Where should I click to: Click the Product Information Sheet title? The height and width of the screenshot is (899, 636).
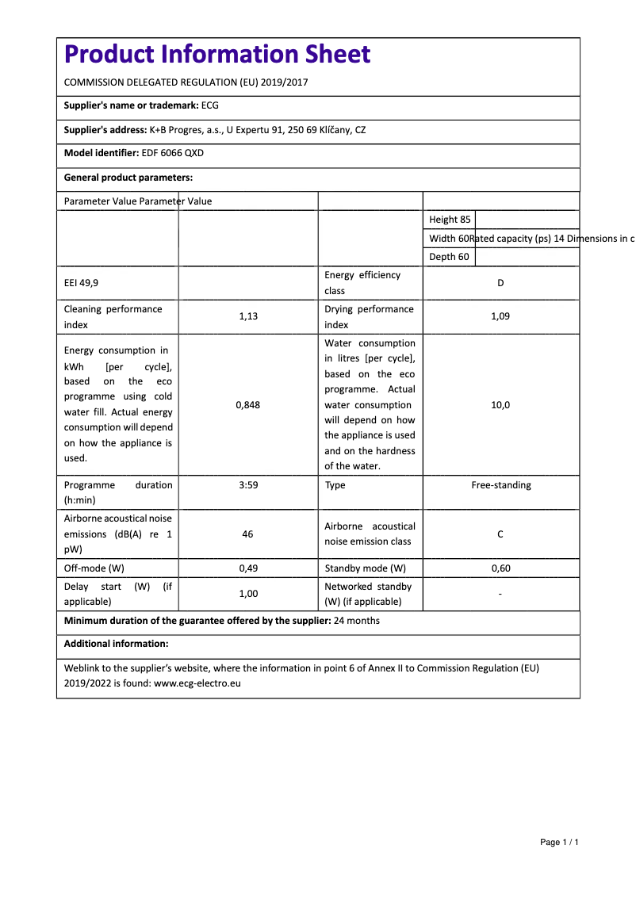pyautogui.click(x=217, y=54)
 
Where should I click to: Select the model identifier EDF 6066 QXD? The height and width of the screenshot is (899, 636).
pyautogui.click(x=172, y=153)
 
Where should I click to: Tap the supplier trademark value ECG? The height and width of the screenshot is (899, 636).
pyautogui.click(x=210, y=105)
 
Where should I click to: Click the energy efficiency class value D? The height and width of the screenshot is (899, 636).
pyautogui.click(x=500, y=283)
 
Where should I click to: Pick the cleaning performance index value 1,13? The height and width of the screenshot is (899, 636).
pyautogui.click(x=248, y=316)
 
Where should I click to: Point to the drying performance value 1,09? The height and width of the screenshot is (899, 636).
pyautogui.click(x=500, y=316)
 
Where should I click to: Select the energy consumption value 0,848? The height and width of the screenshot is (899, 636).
pyautogui.click(x=248, y=404)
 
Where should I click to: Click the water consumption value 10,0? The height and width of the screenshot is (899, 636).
pyautogui.click(x=500, y=404)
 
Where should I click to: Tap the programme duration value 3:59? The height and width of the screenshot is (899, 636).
pyautogui.click(x=248, y=485)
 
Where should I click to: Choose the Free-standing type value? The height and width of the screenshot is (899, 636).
pyautogui.click(x=501, y=485)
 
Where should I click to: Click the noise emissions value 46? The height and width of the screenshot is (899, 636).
pyautogui.click(x=248, y=534)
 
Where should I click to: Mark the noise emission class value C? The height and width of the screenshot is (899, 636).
pyautogui.click(x=500, y=534)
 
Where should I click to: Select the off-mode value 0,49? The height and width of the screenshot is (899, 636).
pyautogui.click(x=248, y=568)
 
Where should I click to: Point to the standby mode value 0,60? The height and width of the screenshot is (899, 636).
pyautogui.click(x=500, y=568)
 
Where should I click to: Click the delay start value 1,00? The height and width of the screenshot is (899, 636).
pyautogui.click(x=248, y=594)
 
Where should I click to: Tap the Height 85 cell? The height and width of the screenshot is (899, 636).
pyautogui.click(x=450, y=220)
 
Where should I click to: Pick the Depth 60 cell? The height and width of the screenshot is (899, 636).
pyautogui.click(x=449, y=257)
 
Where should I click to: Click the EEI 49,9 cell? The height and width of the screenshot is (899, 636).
pyautogui.click(x=82, y=283)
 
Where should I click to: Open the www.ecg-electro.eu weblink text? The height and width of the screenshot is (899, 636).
pyautogui.click(x=197, y=683)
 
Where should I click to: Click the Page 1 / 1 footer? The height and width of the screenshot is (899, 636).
pyautogui.click(x=559, y=842)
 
